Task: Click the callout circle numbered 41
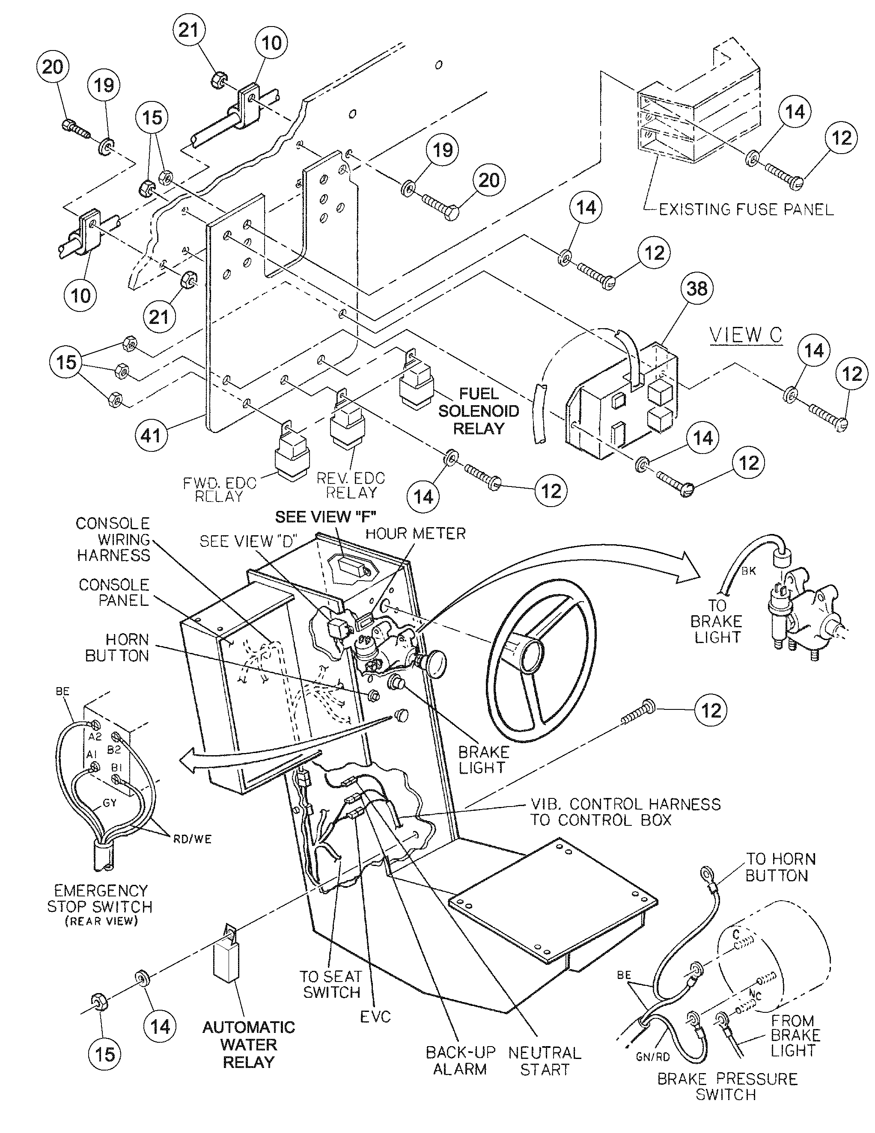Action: coord(151,435)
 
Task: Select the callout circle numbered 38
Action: coord(696,288)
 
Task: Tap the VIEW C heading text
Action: coord(745,335)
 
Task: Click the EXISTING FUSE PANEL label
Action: coord(746,210)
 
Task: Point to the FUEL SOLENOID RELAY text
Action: coord(478,411)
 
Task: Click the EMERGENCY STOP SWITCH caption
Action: coord(100,905)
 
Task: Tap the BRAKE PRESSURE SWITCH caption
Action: coord(727,1086)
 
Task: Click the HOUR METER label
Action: coord(415,533)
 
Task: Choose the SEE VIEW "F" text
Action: coord(325,517)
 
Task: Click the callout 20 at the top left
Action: coord(52,66)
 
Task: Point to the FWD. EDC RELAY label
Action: coord(220,490)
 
